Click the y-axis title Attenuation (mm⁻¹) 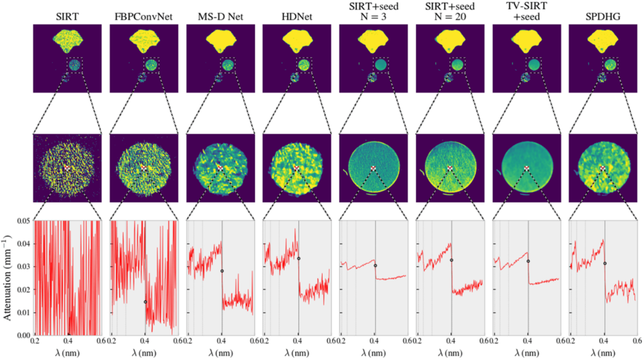(7, 277)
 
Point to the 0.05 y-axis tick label (23, 221)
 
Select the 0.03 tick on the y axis (23, 267)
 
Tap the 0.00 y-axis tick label (23, 335)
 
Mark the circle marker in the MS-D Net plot (222, 271)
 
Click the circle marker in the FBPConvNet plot (146, 302)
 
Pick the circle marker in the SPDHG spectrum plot (604, 263)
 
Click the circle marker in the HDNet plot (299, 259)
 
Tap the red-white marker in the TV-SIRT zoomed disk (526, 168)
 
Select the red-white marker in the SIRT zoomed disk (67, 168)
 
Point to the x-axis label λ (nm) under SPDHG (602, 353)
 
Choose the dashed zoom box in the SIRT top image (74, 66)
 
